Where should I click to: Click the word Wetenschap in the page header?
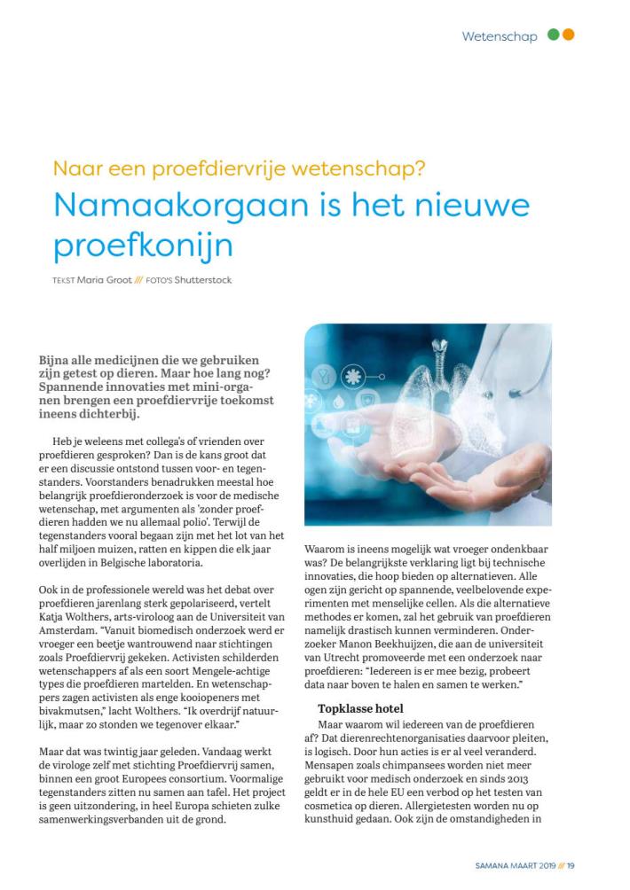[499, 36]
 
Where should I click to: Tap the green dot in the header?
[554, 35]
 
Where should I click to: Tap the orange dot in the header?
[568, 35]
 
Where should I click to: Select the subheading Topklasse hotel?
[359, 709]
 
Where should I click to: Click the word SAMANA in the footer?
[486, 866]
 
